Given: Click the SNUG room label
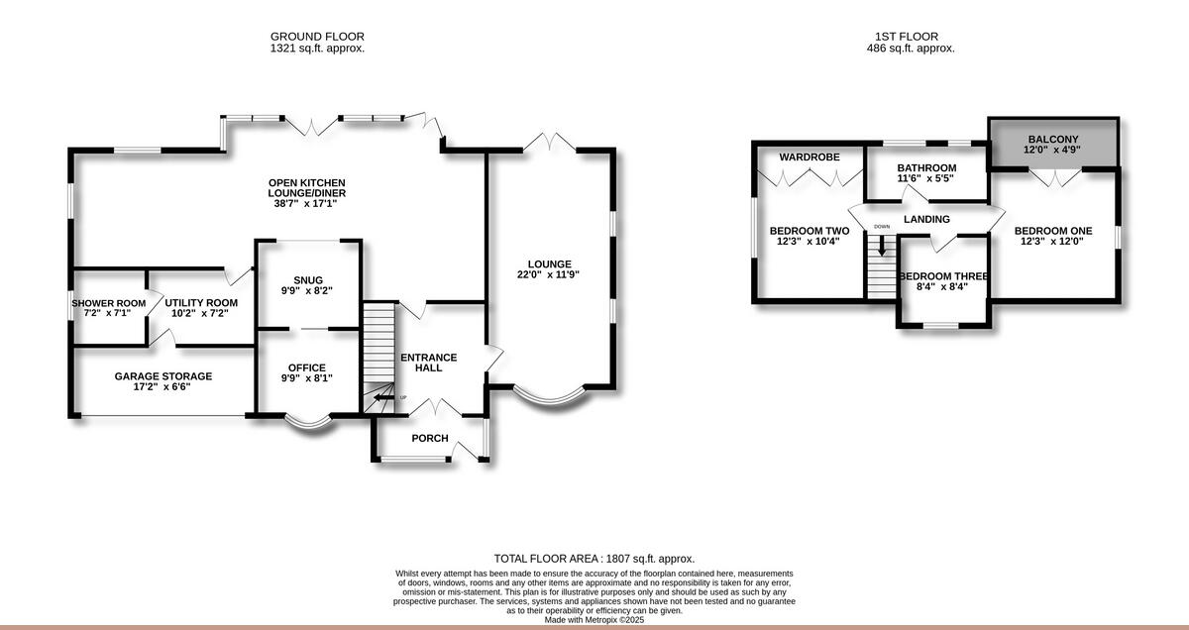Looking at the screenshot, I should click(307, 279).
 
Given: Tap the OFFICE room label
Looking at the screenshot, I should click(307, 367).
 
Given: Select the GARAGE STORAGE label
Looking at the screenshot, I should click(163, 376).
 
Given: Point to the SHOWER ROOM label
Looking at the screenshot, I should click(108, 303).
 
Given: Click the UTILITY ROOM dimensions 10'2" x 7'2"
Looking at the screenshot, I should click(201, 313).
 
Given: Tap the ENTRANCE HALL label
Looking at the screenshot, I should click(428, 363).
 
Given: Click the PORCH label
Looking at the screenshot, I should click(430, 438).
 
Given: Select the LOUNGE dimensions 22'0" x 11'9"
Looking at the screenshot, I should click(548, 274).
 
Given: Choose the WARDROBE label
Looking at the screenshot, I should click(809, 157).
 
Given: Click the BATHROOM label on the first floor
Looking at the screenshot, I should click(926, 167).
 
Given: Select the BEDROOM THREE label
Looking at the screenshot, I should click(943, 276).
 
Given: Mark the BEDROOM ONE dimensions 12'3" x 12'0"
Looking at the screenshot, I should click(1053, 241).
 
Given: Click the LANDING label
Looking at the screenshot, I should click(926, 219).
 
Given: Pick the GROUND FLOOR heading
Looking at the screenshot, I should click(317, 37).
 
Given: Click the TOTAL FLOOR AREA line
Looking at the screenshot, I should click(594, 560).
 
